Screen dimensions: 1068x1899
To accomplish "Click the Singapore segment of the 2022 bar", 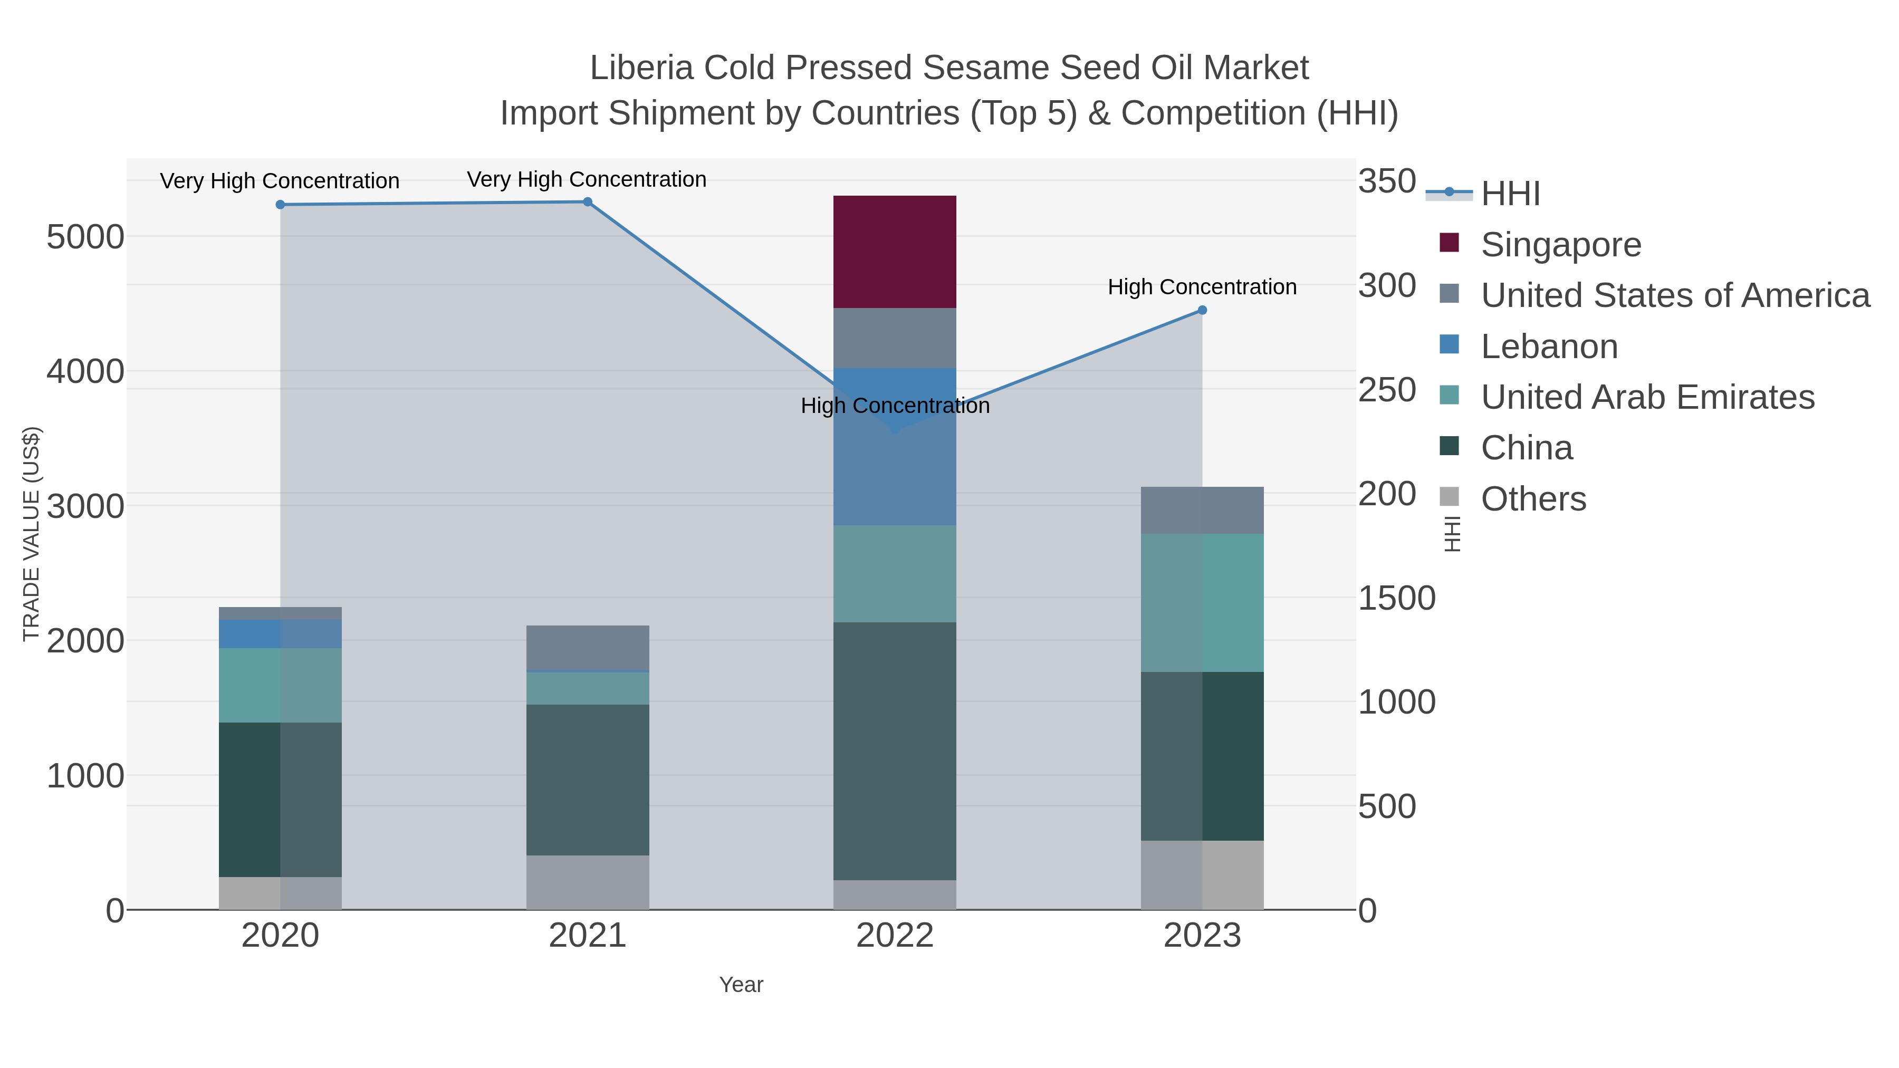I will click(x=894, y=252).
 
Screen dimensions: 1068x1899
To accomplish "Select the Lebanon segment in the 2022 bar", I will click(x=894, y=447).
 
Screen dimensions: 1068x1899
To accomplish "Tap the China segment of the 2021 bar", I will click(x=588, y=780).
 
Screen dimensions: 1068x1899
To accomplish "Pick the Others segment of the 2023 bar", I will click(x=1202, y=875).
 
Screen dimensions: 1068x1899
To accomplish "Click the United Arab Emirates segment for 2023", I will click(x=1202, y=603).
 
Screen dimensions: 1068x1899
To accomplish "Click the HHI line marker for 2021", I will click(x=588, y=202).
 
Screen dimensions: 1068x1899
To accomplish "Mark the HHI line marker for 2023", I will click(x=1202, y=310).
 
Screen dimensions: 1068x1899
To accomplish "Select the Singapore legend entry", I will click(x=1561, y=245).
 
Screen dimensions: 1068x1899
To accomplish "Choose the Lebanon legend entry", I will click(x=1549, y=347).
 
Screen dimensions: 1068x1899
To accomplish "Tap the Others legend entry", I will click(x=1532, y=499).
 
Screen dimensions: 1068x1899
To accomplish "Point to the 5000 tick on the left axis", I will click(x=85, y=237).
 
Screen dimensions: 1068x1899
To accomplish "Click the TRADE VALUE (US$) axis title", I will click(x=31, y=534).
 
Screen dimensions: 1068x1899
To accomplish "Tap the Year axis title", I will click(x=741, y=985).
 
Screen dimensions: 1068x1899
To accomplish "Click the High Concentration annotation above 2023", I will click(x=1202, y=287).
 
